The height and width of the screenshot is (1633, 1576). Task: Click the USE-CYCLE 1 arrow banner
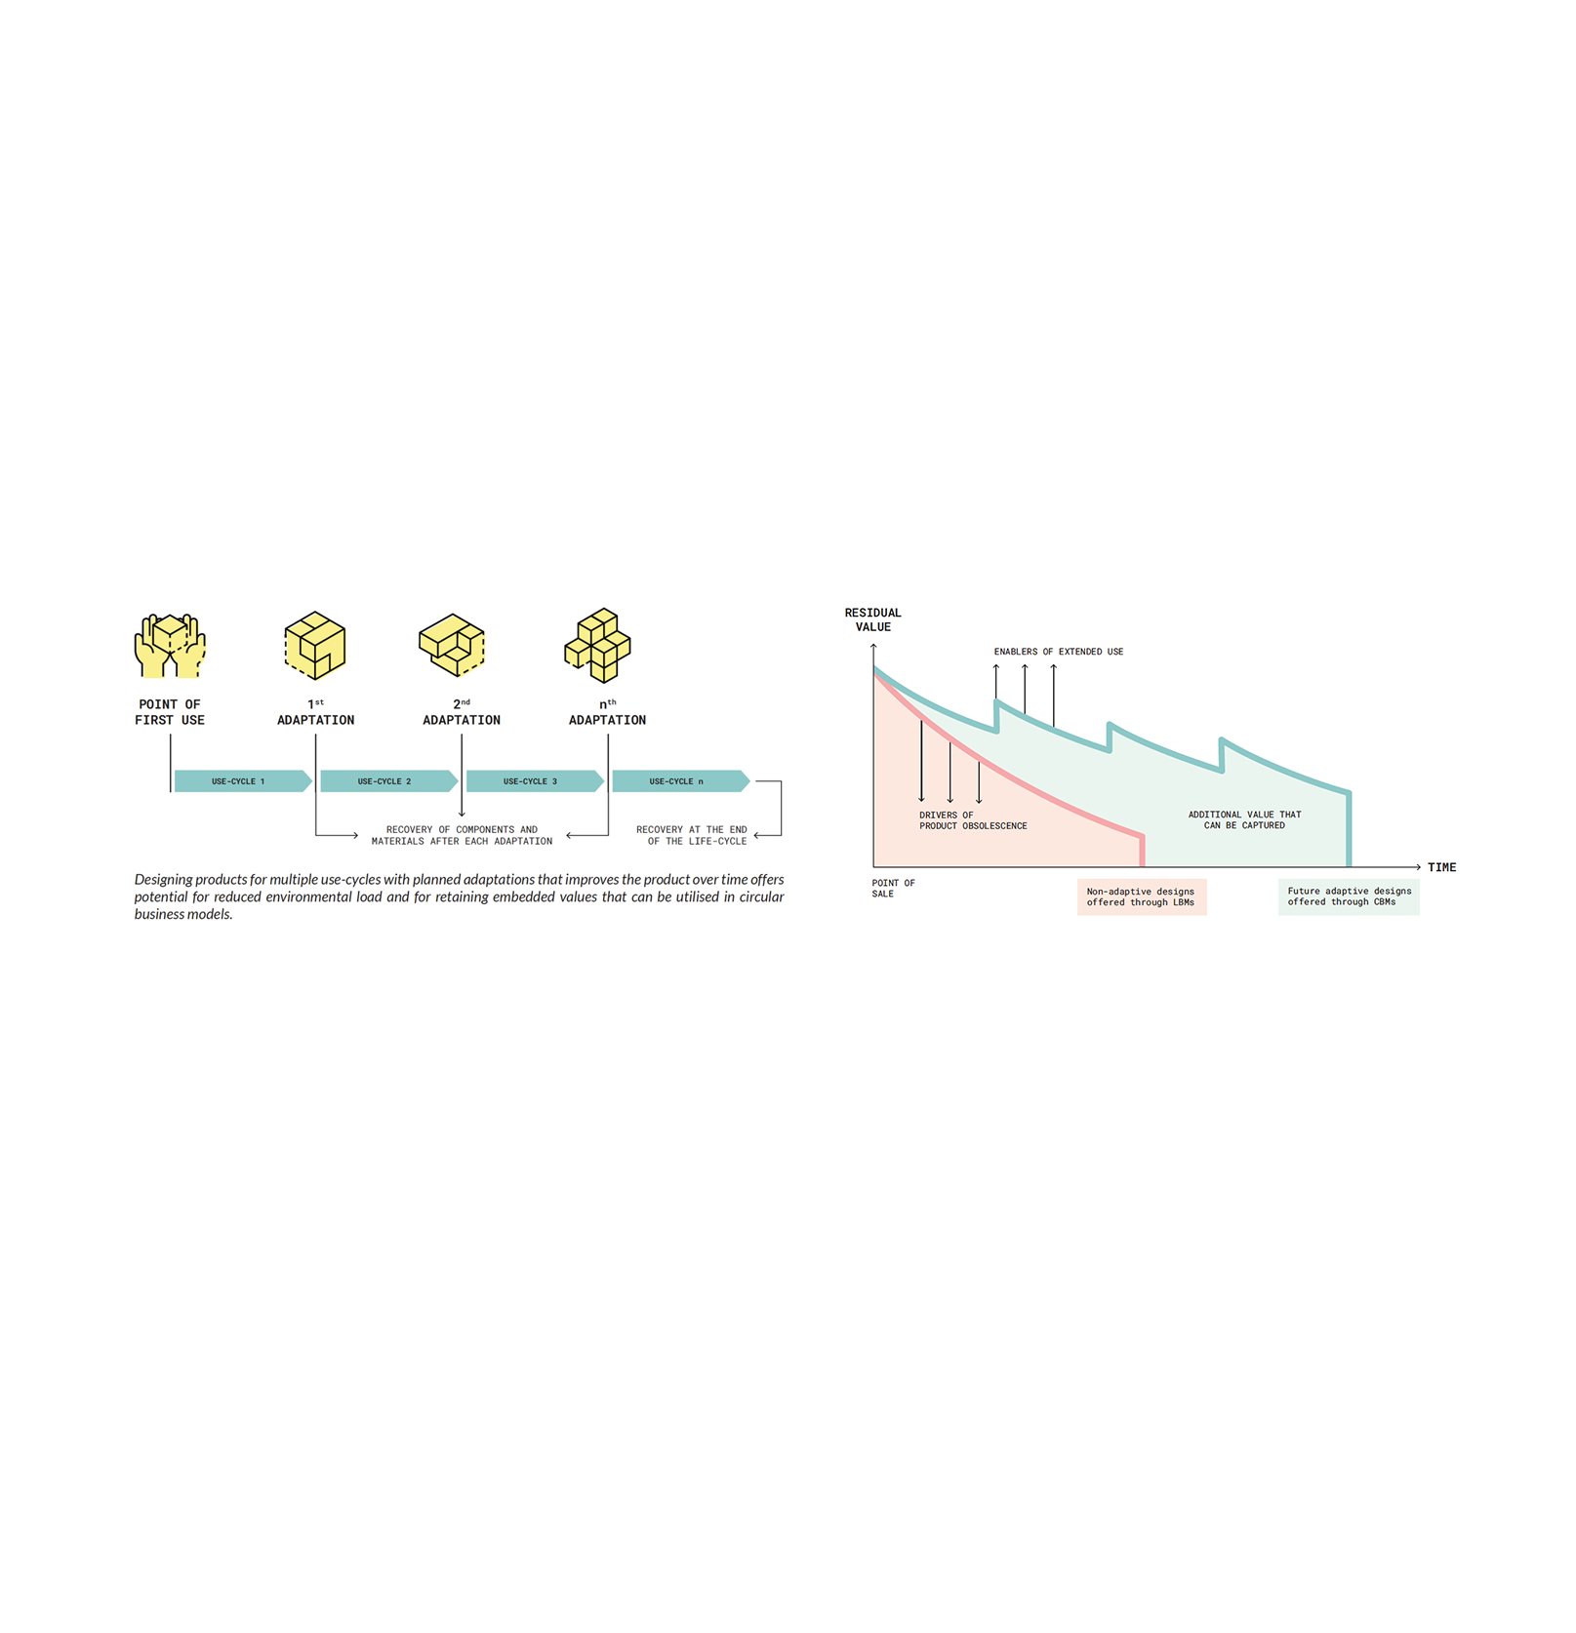243,780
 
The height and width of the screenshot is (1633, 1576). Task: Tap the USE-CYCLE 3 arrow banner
535,780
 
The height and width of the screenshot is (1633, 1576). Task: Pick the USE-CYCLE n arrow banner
681,780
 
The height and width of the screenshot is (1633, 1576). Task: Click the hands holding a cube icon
170,645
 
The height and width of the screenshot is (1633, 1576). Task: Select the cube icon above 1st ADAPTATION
315,645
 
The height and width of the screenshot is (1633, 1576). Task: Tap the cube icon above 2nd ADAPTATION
452,645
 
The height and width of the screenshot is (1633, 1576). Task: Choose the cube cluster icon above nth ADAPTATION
598,645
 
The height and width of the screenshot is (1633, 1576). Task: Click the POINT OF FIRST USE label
170,712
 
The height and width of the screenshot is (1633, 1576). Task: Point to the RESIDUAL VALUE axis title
872,619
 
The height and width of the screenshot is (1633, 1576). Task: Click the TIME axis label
1441,867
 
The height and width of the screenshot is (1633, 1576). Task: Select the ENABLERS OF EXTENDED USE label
1058,652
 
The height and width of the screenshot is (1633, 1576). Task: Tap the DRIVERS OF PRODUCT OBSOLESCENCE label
973,820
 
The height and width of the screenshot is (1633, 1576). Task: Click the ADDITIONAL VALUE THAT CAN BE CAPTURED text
1244,819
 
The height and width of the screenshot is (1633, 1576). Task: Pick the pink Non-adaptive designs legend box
1142,896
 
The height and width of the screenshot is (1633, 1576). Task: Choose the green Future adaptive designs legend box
1349,896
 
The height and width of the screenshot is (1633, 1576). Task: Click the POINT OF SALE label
893,888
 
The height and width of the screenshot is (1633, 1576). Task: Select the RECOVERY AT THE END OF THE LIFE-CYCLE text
692,835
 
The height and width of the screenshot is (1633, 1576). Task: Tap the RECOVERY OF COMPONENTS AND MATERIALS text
462,835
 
